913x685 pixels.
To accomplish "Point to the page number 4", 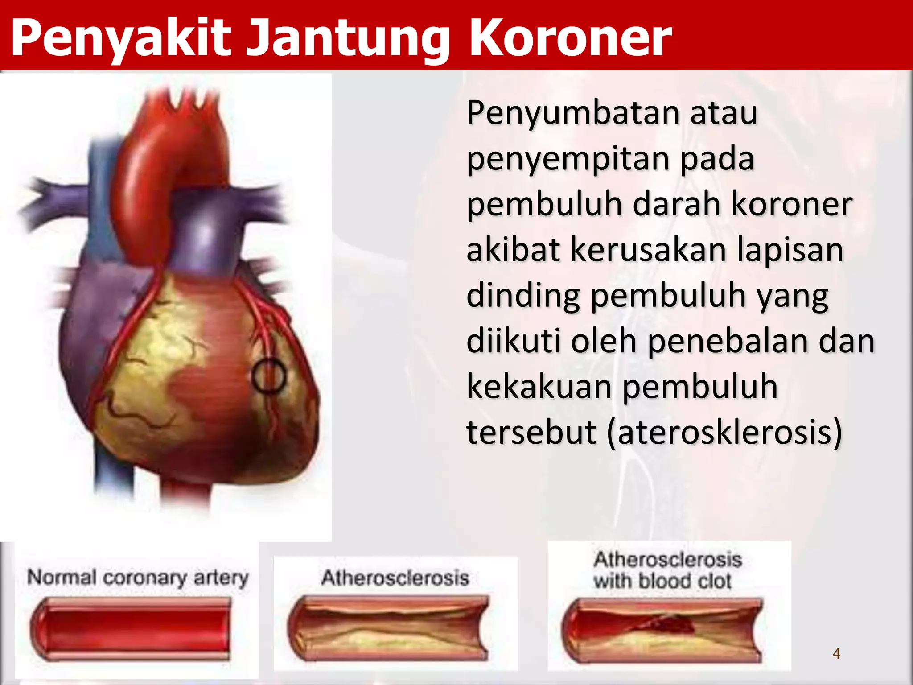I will point(836,654).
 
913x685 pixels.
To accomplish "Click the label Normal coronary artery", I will point(137,578).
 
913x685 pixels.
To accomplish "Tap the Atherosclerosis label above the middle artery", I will point(395,578).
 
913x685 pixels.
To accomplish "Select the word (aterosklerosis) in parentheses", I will point(724,432).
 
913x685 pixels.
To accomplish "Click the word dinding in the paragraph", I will point(523,296).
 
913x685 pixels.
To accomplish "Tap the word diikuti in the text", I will point(514,341).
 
